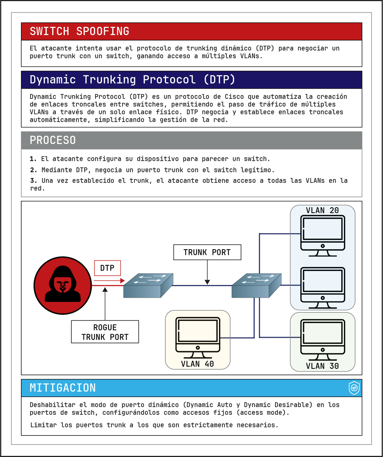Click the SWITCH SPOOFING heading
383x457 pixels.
[x=80, y=31]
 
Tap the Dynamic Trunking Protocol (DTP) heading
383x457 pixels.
[x=132, y=80]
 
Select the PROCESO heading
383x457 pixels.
[x=53, y=140]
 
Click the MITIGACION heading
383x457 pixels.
[x=63, y=388]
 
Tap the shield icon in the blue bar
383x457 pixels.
[x=354, y=388]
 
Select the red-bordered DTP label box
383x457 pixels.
[x=107, y=268]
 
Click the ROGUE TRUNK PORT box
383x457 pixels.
[x=105, y=332]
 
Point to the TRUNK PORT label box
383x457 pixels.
[x=207, y=252]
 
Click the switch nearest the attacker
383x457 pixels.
[x=148, y=286]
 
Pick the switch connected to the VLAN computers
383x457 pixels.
[x=256, y=286]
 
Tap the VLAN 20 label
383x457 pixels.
[x=322, y=210]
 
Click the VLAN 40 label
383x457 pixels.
[x=197, y=364]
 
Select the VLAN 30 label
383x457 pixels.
[x=322, y=366]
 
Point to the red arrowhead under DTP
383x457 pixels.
[x=123, y=280]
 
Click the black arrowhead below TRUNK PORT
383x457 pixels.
[x=207, y=282]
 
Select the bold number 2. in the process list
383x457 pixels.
[x=34, y=170]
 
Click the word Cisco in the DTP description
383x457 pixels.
[x=234, y=97]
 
